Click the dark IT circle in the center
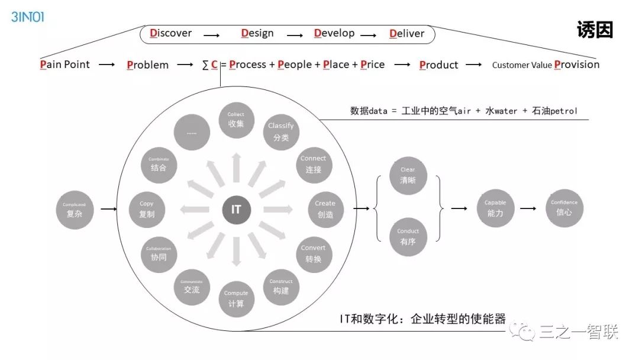point(236,209)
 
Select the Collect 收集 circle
point(236,120)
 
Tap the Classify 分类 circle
point(280,131)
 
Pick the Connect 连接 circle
point(313,164)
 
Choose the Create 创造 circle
point(325,209)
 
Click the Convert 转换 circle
point(313,254)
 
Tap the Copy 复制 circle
point(147,209)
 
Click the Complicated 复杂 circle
point(75,209)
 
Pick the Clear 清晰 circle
point(408,175)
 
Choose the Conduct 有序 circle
point(408,237)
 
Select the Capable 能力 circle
point(495,208)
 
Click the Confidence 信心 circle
point(564,207)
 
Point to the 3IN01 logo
point(27,16)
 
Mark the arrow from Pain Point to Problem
point(106,65)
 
